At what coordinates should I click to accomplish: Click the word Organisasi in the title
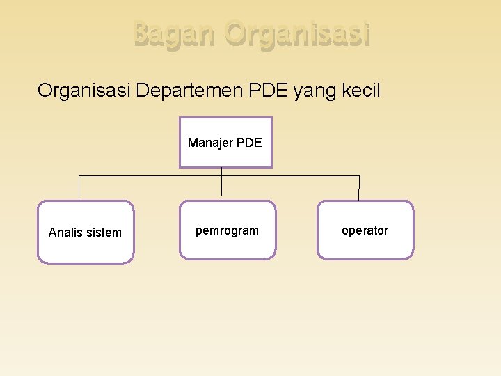pyautogui.click(x=298, y=35)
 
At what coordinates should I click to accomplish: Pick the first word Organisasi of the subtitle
pyautogui.click(x=83, y=90)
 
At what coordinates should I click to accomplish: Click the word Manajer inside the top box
pyautogui.click(x=210, y=143)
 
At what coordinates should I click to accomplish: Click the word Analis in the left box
pyautogui.click(x=67, y=233)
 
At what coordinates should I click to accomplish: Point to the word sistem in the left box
pyautogui.click(x=104, y=233)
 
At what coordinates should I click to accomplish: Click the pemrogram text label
pyautogui.click(x=227, y=230)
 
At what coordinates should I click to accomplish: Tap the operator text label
pyautogui.click(x=365, y=230)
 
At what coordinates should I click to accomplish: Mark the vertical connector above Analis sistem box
pyautogui.click(x=79, y=188)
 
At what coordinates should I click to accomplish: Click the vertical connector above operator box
pyautogui.click(x=359, y=188)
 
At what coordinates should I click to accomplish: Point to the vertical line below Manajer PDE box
pyautogui.click(x=221, y=182)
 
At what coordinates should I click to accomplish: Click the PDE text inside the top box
pyautogui.click(x=249, y=143)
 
